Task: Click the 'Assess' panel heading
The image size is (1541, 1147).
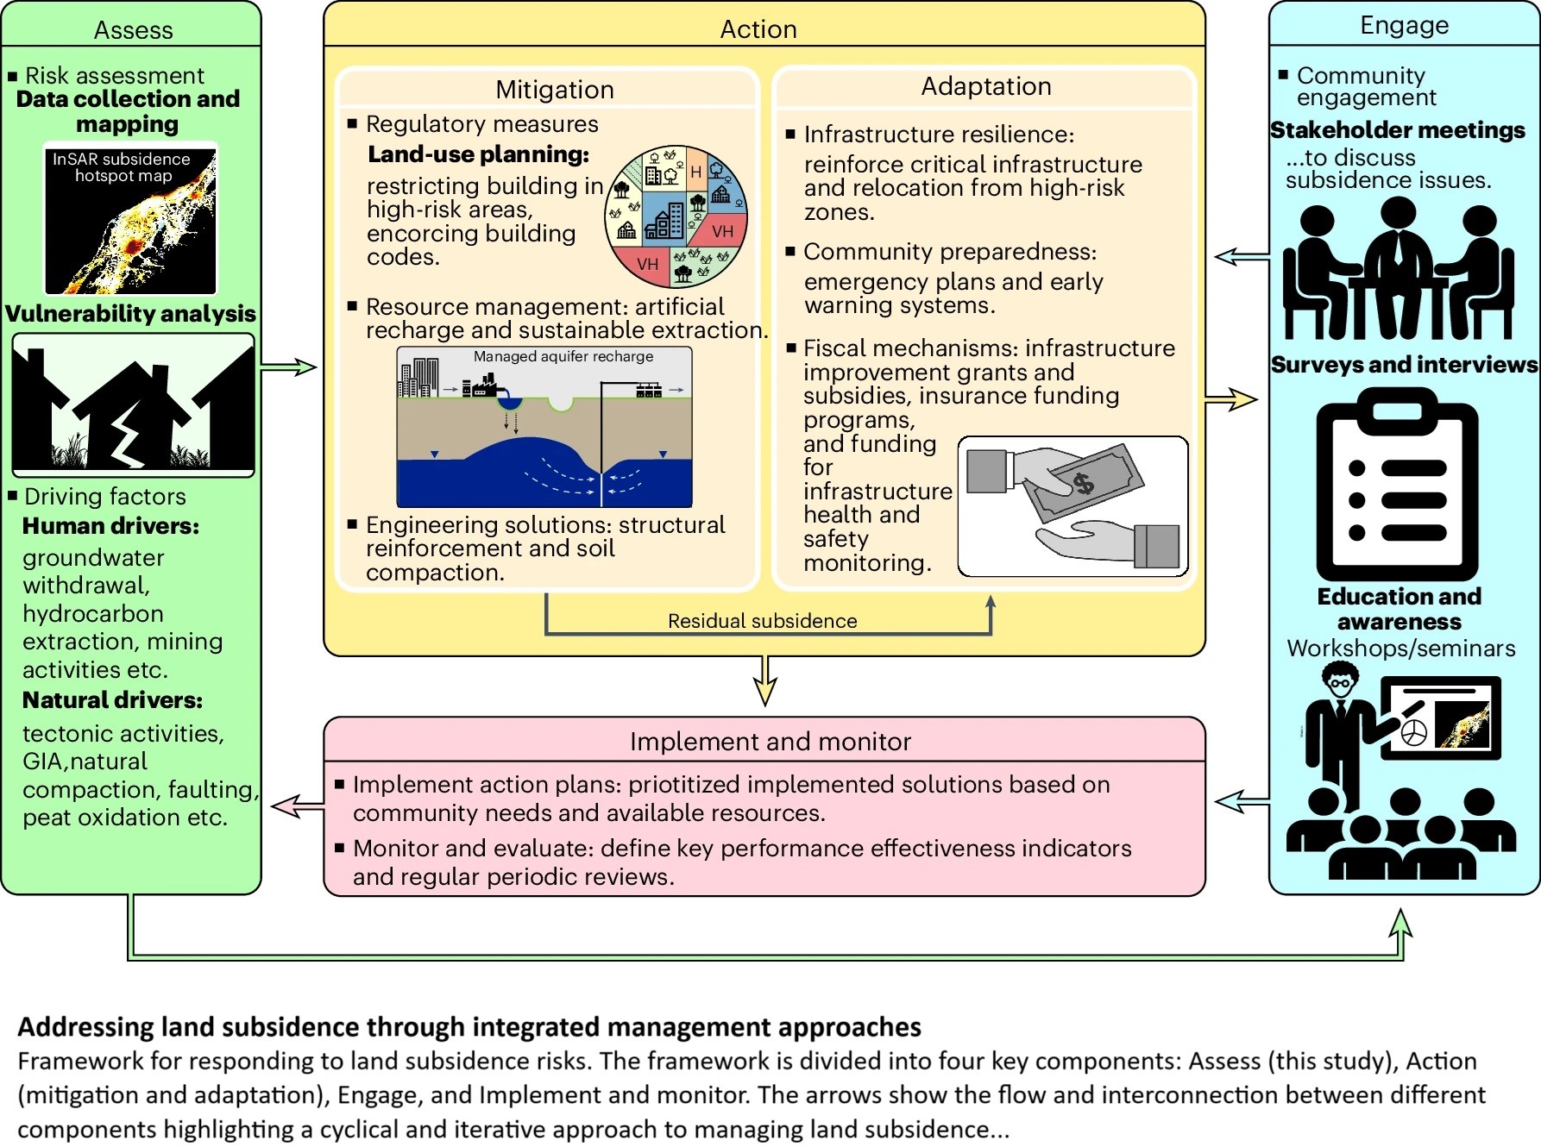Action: tap(133, 30)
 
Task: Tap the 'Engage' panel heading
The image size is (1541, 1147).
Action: tap(1404, 26)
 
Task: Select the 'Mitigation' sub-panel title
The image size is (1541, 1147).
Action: tap(554, 90)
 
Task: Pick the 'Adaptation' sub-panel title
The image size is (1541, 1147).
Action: tap(986, 86)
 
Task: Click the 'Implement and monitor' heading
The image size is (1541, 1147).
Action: tap(770, 742)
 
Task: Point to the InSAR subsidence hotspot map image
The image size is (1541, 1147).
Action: tap(130, 219)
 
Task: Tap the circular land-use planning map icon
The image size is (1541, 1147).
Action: tap(676, 216)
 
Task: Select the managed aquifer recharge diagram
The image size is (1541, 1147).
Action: tap(544, 427)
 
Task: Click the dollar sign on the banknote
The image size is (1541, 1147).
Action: tap(1083, 483)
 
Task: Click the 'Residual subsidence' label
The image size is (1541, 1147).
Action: tap(763, 621)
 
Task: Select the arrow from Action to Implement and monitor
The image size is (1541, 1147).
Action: tap(765, 681)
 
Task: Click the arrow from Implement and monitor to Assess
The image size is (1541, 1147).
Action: tap(298, 806)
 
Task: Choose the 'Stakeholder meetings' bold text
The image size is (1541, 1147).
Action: tap(1398, 130)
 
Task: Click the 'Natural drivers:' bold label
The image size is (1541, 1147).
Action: tap(112, 700)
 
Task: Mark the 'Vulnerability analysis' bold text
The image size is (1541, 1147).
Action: tap(130, 314)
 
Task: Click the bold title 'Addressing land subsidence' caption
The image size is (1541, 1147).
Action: tap(469, 1027)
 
